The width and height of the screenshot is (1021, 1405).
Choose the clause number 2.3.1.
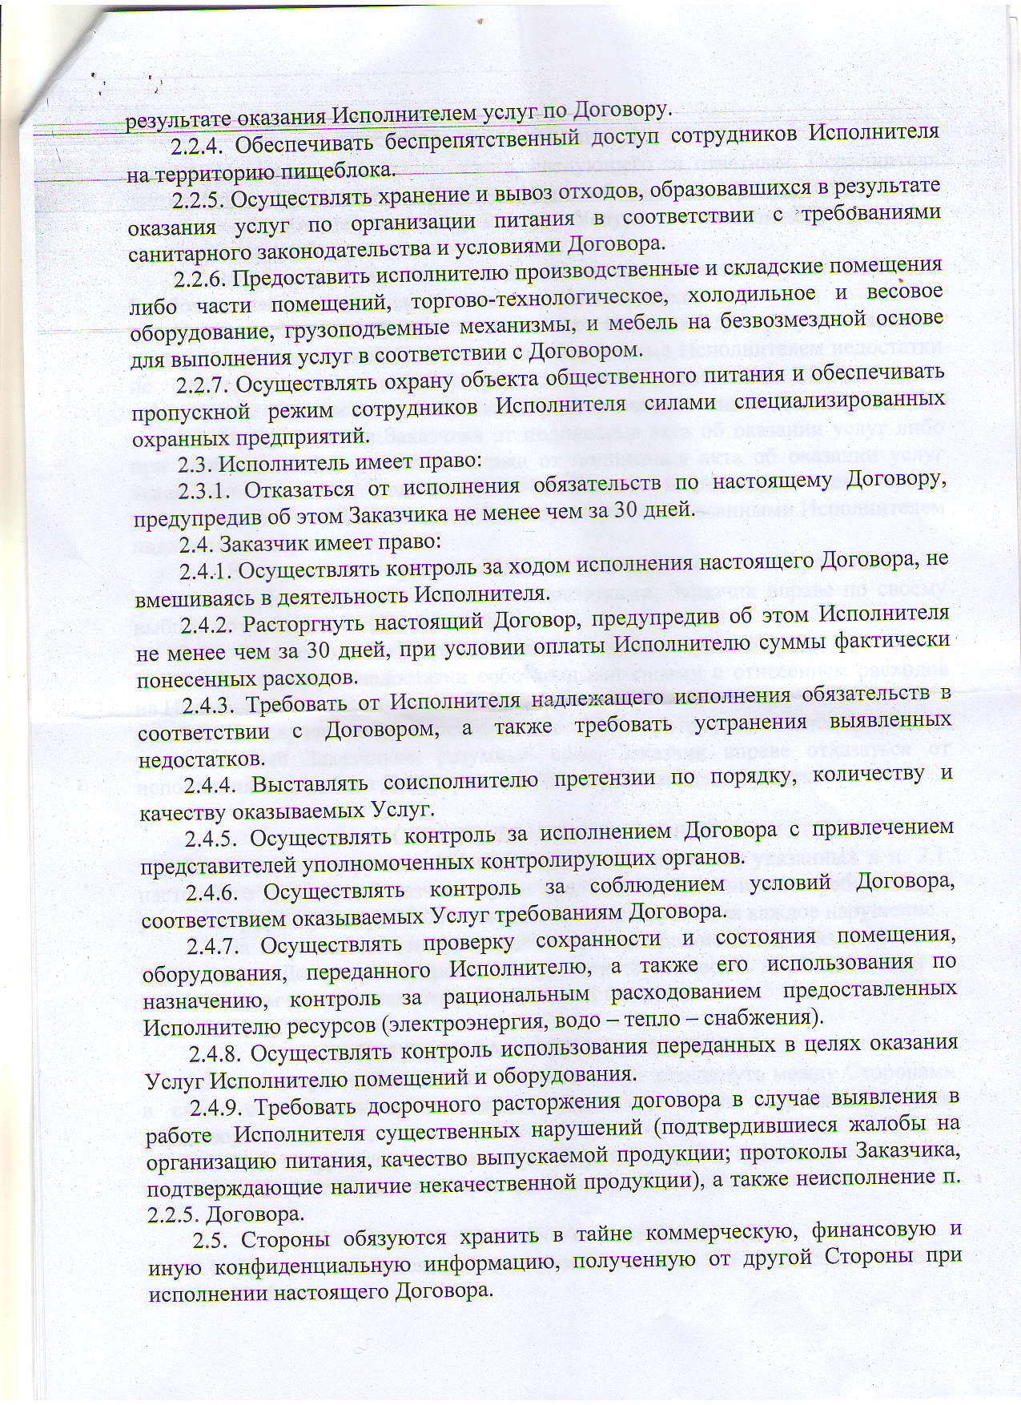coord(204,489)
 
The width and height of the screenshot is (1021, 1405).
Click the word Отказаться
coord(299,489)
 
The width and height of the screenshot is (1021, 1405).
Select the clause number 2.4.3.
coord(209,705)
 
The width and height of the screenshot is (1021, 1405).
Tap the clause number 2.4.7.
coord(214,946)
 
